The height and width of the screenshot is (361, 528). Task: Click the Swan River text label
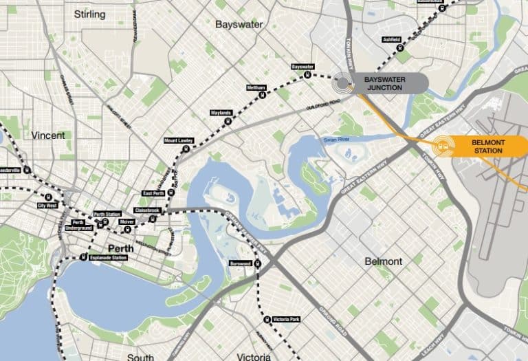coord(338,140)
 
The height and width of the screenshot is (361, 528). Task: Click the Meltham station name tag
coord(256,88)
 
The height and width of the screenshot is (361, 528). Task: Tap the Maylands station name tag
coord(220,113)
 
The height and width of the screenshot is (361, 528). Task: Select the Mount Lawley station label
coord(177,140)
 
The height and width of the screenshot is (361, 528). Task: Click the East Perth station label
coord(153,194)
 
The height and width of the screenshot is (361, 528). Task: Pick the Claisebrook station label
coord(146,209)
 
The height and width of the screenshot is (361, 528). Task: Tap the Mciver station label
coord(126,222)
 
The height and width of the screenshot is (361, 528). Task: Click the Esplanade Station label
coord(110,258)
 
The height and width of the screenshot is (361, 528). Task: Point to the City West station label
coord(47,205)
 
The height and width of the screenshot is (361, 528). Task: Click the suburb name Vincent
coord(48,135)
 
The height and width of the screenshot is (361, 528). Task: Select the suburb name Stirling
coord(89,14)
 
